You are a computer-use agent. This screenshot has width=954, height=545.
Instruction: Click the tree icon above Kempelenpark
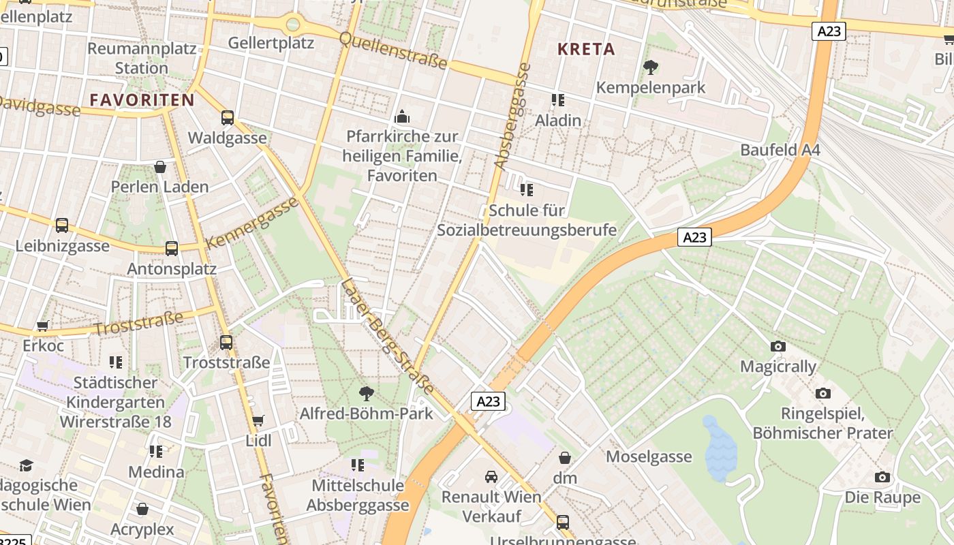pyautogui.click(x=650, y=67)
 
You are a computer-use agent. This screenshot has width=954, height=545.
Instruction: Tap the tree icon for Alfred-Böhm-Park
pyautogui.click(x=367, y=393)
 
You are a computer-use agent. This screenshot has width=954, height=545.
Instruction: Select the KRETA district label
pyautogui.click(x=586, y=49)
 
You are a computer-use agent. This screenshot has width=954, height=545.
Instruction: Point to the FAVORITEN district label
pyautogui.click(x=142, y=100)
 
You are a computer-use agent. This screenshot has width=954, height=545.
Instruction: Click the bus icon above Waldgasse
pyautogui.click(x=228, y=118)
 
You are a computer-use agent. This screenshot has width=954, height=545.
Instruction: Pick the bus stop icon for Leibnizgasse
pyautogui.click(x=62, y=225)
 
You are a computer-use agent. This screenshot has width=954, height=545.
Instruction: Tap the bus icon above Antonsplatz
pyautogui.click(x=172, y=249)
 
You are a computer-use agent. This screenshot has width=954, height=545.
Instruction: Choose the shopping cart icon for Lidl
pyautogui.click(x=258, y=420)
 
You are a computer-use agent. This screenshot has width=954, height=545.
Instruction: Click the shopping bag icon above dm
pyautogui.click(x=565, y=458)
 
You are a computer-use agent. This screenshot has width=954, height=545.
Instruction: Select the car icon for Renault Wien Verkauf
pyautogui.click(x=491, y=476)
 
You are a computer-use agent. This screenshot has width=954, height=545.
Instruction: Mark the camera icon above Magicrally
pyautogui.click(x=778, y=347)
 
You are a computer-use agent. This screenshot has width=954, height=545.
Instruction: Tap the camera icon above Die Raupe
pyautogui.click(x=882, y=478)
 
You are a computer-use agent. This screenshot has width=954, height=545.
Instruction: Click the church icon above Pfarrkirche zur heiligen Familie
pyautogui.click(x=402, y=116)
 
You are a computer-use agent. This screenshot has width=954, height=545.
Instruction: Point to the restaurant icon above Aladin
pyautogui.click(x=558, y=100)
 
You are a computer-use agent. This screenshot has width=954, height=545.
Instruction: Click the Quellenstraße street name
pyautogui.click(x=393, y=50)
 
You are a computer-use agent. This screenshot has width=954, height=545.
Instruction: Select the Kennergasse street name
pyautogui.click(x=251, y=223)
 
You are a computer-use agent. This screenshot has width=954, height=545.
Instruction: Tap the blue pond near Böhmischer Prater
pyautogui.click(x=720, y=450)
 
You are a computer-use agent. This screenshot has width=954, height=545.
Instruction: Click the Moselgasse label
pyautogui.click(x=649, y=456)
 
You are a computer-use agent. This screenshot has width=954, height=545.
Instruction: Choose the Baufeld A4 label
pyautogui.click(x=780, y=150)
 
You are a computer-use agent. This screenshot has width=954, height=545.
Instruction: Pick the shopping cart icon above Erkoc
pyautogui.click(x=43, y=326)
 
